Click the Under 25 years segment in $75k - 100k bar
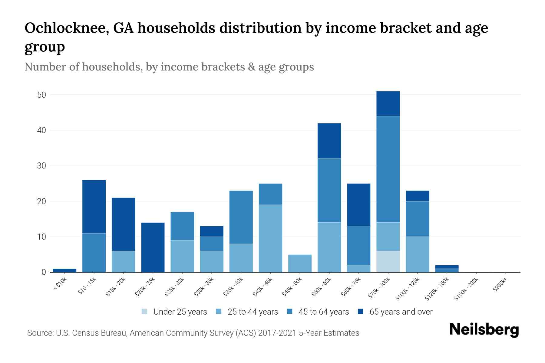point(388,261)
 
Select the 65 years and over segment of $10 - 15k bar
point(94,207)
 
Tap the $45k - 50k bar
point(300,263)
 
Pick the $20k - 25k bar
point(153,247)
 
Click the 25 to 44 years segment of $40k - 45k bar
point(270,238)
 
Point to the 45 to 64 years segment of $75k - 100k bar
point(388,169)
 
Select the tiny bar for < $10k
point(64,270)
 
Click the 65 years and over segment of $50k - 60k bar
point(329,141)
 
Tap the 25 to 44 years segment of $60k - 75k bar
point(358,269)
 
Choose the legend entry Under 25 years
point(180,312)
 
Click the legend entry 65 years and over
point(401,312)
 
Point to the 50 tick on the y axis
point(41,95)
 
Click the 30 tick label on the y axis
point(41,166)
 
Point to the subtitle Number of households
point(83,67)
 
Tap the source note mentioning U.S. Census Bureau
point(193,333)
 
